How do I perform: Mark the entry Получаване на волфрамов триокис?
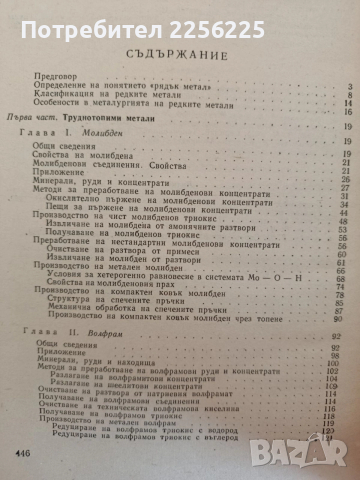coord(165,418)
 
